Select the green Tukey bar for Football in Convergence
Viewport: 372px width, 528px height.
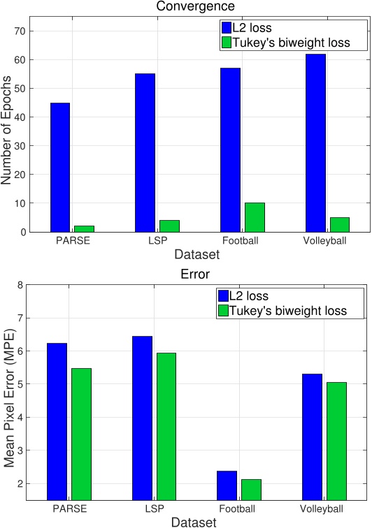[x=255, y=217]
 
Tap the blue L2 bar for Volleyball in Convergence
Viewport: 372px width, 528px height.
[x=315, y=142]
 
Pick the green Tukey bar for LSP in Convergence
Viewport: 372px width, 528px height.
[x=169, y=226]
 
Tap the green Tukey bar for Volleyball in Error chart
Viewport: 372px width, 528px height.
[x=336, y=441]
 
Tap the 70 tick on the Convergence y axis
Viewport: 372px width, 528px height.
[x=19, y=31]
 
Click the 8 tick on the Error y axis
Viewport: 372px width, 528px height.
[x=21, y=285]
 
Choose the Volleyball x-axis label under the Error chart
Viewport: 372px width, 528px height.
[x=325, y=508]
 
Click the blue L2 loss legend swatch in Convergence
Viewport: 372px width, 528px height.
[x=226, y=27]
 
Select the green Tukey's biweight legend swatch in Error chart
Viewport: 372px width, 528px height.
[x=224, y=309]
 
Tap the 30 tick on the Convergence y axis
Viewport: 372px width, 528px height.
[x=19, y=146]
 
